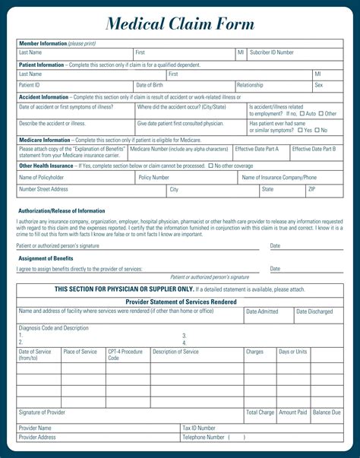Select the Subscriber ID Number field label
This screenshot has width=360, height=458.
point(272,52)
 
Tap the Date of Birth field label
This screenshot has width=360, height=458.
point(150,85)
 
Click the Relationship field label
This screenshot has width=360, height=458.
point(250,85)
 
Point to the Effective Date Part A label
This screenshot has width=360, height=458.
point(257,149)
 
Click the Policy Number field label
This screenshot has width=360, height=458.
point(154,177)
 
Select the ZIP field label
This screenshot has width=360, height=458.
point(311,188)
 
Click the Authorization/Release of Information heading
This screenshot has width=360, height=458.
point(62,210)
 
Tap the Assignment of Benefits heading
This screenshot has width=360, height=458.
point(46,258)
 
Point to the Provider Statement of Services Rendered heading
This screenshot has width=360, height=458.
point(180,302)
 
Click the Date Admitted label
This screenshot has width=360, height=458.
point(262,311)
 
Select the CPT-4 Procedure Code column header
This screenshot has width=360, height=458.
point(125,355)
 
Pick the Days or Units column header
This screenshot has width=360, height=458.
point(292,352)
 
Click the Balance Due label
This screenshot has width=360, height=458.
point(327,412)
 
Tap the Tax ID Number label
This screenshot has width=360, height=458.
point(199,428)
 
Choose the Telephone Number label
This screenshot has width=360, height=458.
point(204,437)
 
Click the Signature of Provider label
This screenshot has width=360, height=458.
point(42,412)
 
